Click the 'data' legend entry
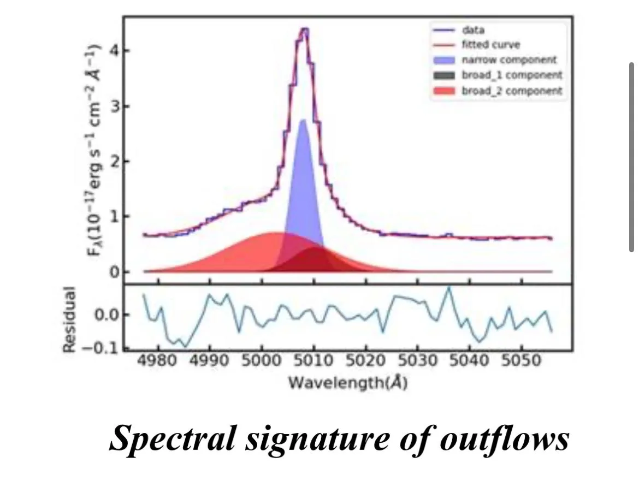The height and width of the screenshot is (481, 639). click(473, 31)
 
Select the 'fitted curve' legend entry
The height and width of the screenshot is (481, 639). click(490, 45)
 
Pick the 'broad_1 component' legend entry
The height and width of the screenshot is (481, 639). click(511, 75)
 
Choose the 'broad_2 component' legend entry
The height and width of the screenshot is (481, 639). click(511, 91)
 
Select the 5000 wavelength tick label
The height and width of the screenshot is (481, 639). click(262, 362)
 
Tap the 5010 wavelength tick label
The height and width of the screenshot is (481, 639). click(314, 362)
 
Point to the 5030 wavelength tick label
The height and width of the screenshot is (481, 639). click(418, 362)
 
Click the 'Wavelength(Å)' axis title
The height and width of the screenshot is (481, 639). click(347, 383)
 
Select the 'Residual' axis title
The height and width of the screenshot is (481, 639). click(68, 319)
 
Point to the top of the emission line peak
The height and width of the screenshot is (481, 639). click(304, 29)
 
